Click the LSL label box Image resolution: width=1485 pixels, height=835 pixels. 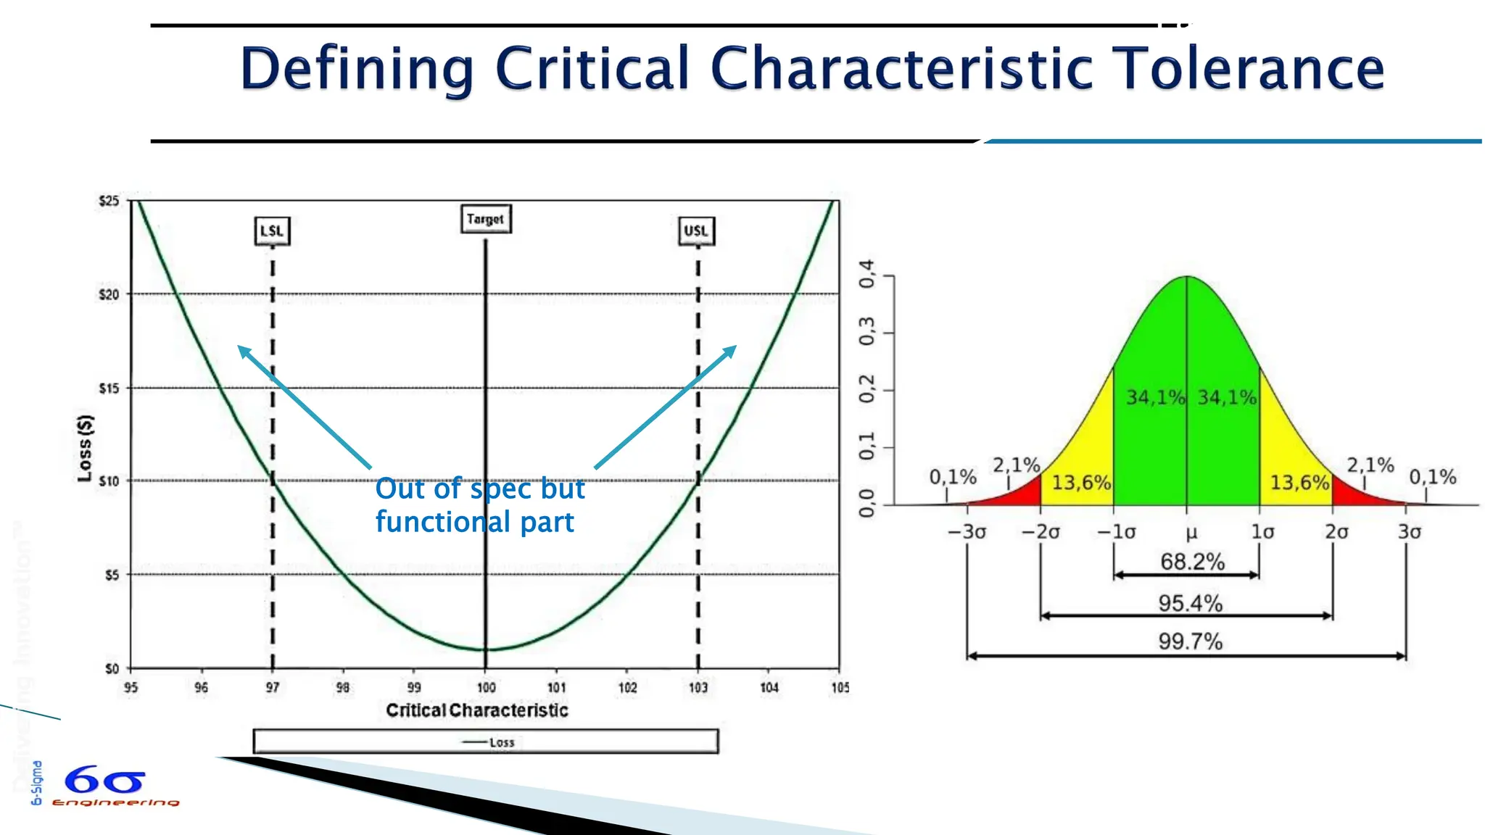pos(272,231)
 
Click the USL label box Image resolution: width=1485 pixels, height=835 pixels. pos(696,231)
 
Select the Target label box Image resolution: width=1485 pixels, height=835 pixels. pos(485,219)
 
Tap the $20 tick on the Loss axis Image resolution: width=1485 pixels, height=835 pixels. pos(109,294)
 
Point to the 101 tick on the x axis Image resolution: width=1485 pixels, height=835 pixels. pos(556,687)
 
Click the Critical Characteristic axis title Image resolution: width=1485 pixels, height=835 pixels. pos(476,710)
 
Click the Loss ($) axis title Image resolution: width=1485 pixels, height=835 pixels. pos(85,448)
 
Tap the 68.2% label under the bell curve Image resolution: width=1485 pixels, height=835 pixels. pos(1192,562)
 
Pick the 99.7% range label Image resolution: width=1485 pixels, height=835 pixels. pos(1190,641)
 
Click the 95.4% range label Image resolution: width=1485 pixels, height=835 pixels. pos(1190,603)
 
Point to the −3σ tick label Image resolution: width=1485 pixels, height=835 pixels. pos(967,532)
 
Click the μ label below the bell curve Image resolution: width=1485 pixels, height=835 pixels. pos(1191,533)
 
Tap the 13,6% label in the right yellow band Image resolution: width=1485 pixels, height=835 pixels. pos(1299,483)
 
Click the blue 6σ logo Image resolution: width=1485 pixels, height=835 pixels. pos(105,781)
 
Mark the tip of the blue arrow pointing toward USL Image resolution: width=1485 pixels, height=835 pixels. pos(735,346)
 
